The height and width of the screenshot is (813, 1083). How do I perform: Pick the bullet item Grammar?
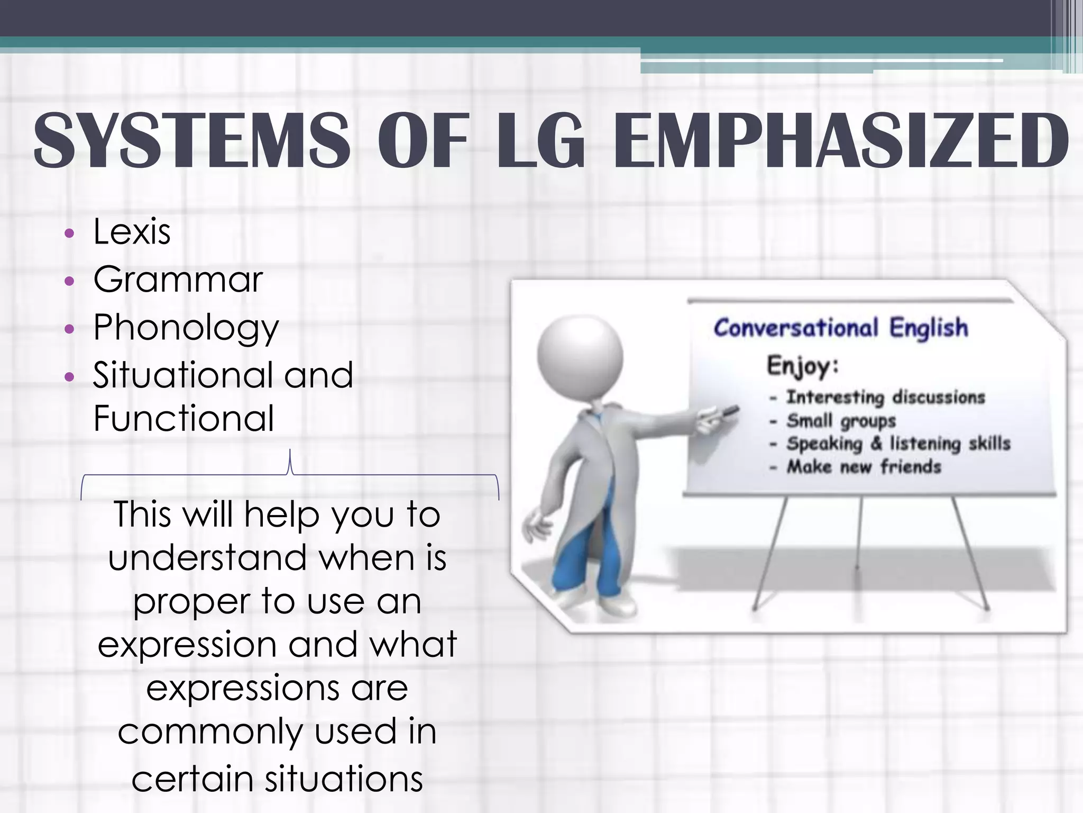click(178, 279)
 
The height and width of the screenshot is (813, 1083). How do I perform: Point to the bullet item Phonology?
click(186, 328)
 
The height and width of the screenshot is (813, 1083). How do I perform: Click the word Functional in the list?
click(183, 418)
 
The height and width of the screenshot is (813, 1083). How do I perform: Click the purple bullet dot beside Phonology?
click(69, 329)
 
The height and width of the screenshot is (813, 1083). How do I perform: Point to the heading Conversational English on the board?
click(841, 328)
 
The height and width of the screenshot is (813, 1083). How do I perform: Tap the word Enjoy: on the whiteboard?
click(803, 366)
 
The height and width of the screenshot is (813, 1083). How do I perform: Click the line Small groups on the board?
click(841, 421)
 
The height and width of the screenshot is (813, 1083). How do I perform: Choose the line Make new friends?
click(864, 467)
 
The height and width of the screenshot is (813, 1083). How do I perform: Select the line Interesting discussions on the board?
click(885, 397)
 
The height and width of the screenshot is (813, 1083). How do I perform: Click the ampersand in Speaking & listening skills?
click(876, 444)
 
